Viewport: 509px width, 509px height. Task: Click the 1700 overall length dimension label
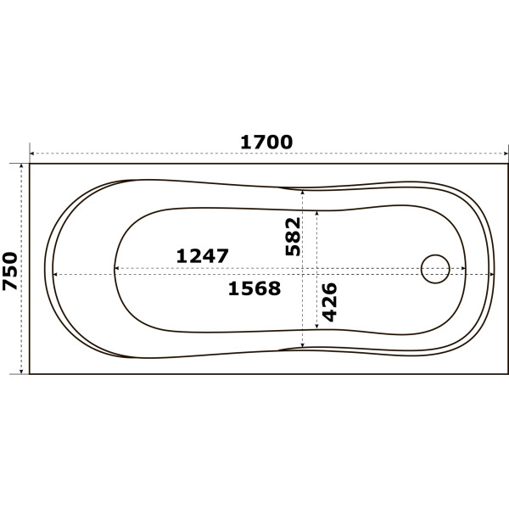pyautogui.click(x=266, y=143)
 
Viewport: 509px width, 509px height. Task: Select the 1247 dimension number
pyautogui.click(x=202, y=256)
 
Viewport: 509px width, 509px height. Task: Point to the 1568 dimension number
pyautogui.click(x=255, y=288)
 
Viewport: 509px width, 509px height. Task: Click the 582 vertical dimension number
pyautogui.click(x=293, y=237)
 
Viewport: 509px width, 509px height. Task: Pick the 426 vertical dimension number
pyautogui.click(x=329, y=302)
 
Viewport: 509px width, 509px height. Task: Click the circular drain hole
pyautogui.click(x=435, y=269)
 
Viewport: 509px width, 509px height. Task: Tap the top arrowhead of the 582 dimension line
pyautogui.click(x=303, y=193)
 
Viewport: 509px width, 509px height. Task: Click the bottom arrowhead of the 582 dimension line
pyautogui.click(x=303, y=345)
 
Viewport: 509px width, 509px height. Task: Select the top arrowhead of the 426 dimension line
pyautogui.click(x=316, y=213)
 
